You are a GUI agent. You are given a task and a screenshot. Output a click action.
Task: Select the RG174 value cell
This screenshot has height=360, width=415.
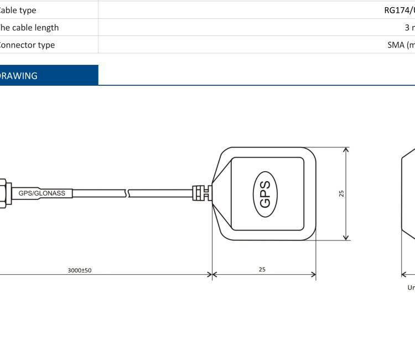399,10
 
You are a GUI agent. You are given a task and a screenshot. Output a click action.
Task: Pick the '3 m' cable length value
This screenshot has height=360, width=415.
409,28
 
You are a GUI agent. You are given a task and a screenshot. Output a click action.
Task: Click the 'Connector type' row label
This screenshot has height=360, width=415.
27,45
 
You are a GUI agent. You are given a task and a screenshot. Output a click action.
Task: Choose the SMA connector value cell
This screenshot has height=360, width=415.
401,45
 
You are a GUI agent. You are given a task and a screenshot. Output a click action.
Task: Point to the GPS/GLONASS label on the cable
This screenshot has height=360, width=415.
42,193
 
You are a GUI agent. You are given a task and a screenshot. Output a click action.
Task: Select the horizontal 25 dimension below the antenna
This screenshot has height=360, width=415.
262,269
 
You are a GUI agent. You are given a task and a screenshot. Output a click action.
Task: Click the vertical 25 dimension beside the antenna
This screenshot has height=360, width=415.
341,193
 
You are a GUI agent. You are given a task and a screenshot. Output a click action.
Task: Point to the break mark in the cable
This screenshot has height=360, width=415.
129,193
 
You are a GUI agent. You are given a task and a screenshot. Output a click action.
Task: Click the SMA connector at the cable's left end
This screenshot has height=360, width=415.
3,193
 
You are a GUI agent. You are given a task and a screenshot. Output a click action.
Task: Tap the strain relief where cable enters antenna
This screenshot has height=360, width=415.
200,193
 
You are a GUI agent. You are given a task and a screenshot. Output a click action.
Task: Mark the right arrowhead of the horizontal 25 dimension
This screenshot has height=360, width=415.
313,274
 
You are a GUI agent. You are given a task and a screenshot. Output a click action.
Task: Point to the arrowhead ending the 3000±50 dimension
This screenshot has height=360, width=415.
209,274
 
